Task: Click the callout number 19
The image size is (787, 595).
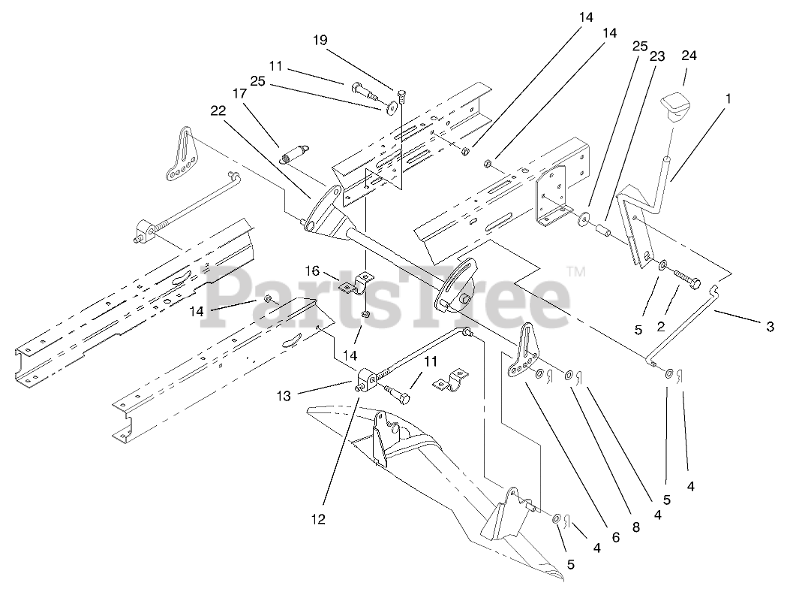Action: (320, 40)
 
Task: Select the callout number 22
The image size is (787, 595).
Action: (218, 110)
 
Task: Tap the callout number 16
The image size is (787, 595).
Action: (312, 270)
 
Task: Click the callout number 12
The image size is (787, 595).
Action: (319, 518)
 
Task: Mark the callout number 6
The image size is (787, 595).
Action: (615, 537)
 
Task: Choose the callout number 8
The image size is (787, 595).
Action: (636, 527)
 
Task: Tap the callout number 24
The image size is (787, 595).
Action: (689, 56)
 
